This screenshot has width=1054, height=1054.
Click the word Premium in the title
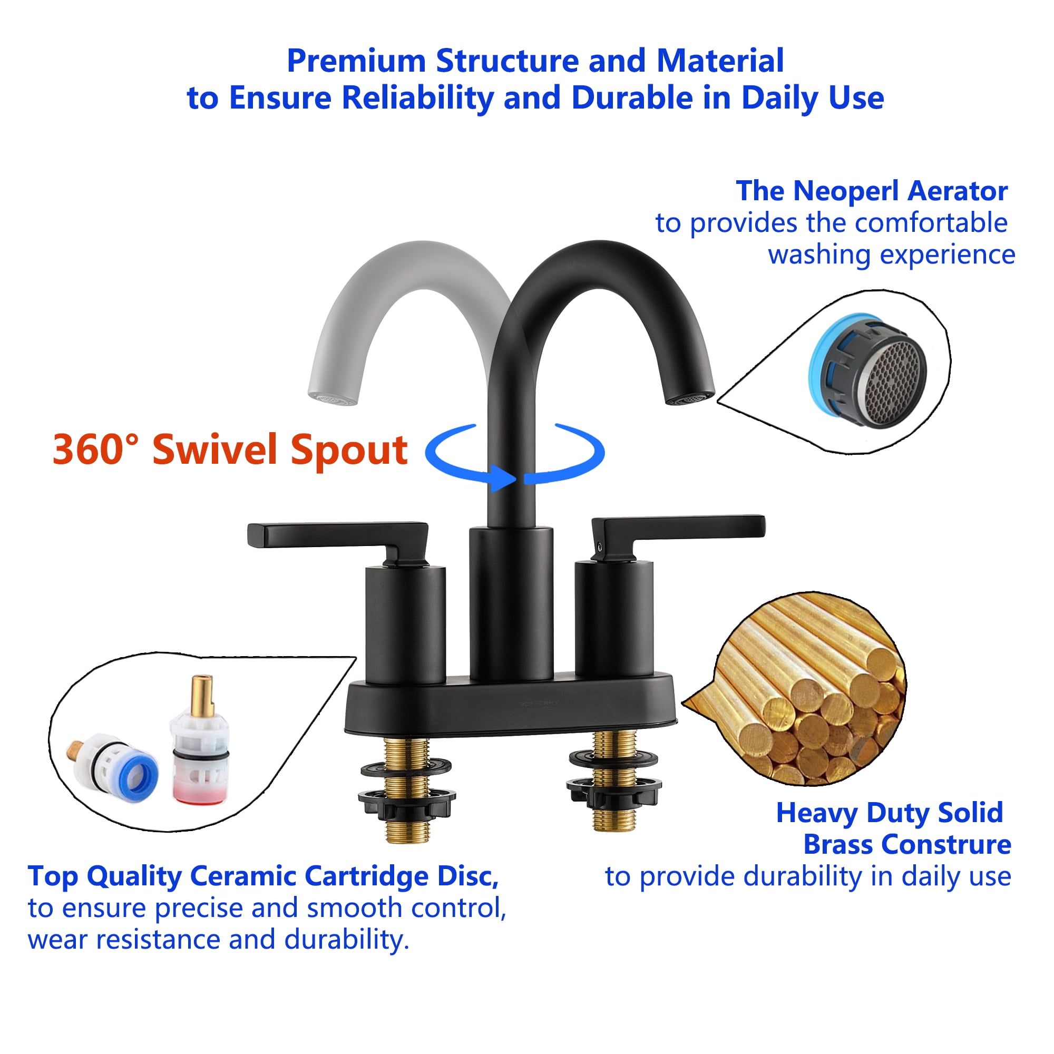point(355,61)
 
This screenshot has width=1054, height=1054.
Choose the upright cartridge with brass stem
point(200,742)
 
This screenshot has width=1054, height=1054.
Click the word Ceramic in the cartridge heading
point(243,877)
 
